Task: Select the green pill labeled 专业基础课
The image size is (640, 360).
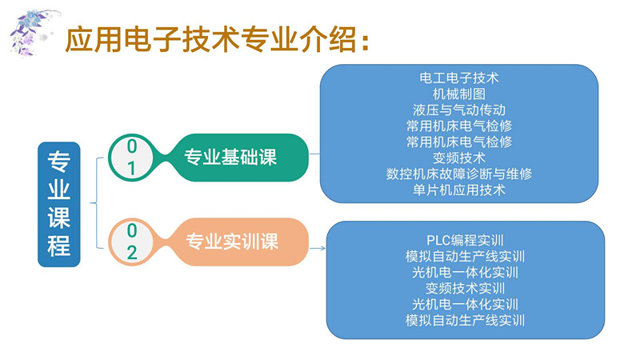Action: click(x=230, y=157)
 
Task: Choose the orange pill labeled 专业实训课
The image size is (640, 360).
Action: click(x=232, y=241)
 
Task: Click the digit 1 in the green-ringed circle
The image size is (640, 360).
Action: click(x=132, y=169)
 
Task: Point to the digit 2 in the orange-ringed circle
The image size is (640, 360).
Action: click(x=132, y=254)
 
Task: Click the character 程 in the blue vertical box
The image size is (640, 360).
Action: click(x=58, y=245)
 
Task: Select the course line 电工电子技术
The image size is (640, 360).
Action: click(x=459, y=78)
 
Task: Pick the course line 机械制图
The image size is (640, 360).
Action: click(x=459, y=94)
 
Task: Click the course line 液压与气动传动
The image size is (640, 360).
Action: click(x=459, y=110)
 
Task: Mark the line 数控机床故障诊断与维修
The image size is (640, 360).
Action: click(x=459, y=174)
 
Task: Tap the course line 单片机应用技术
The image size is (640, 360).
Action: click(x=459, y=190)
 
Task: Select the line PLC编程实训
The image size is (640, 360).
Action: click(x=465, y=241)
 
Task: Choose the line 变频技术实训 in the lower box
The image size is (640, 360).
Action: click(x=465, y=288)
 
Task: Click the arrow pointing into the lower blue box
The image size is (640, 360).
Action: click(x=318, y=249)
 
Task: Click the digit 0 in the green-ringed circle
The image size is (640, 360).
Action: click(x=132, y=146)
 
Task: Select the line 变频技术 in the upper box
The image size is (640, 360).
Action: click(x=459, y=158)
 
